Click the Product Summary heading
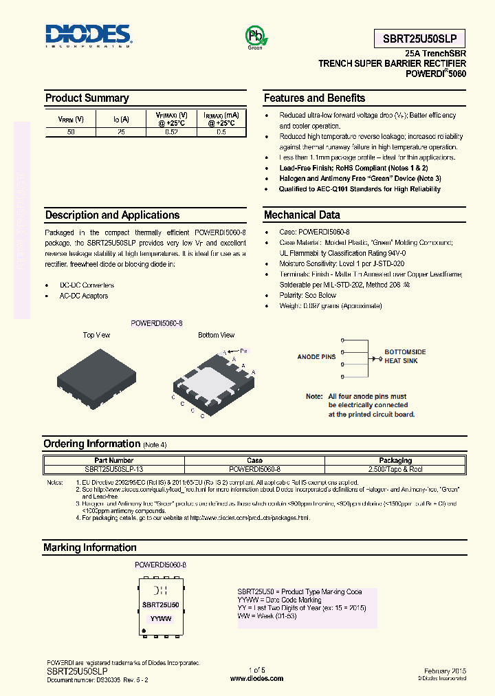click(87, 98)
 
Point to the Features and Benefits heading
click(314, 98)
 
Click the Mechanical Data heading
click(302, 215)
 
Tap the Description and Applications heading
click(112, 215)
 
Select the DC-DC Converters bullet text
click(87, 285)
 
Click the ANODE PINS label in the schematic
click(316, 357)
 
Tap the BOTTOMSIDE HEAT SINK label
click(405, 356)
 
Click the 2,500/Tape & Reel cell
click(395, 468)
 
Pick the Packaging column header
click(395, 460)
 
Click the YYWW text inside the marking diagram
click(161, 618)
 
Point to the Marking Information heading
click(90, 548)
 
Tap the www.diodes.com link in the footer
click(256, 678)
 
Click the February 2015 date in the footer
click(445, 670)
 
